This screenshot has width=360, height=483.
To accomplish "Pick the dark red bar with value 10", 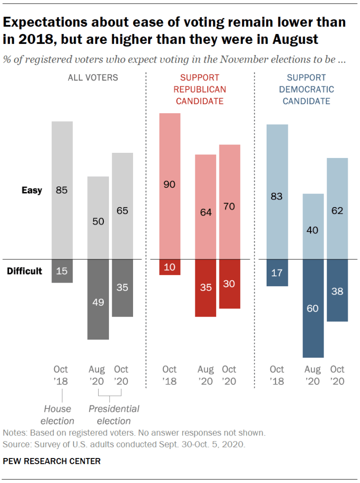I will click(x=169, y=267).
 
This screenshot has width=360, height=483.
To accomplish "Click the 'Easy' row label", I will click(x=32, y=191).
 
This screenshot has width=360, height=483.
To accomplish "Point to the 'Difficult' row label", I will click(x=25, y=271).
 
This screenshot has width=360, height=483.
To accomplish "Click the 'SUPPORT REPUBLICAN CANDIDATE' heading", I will click(x=200, y=89).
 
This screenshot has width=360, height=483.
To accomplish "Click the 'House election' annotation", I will click(x=57, y=415).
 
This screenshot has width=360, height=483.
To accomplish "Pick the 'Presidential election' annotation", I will click(x=114, y=415).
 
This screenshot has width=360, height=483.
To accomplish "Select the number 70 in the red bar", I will click(x=230, y=206).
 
